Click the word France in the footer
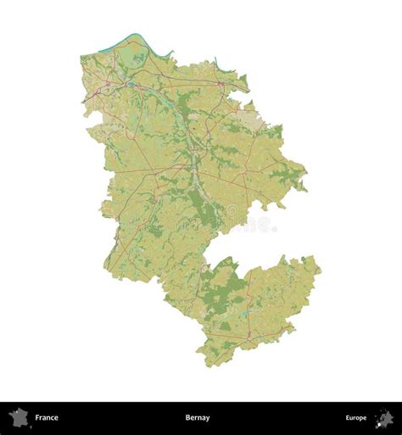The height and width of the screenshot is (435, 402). [x=46, y=418]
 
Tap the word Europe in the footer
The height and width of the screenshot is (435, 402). [x=355, y=418]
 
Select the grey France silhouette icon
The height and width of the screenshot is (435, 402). [x=19, y=417]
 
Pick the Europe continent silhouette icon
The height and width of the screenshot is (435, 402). [x=383, y=417]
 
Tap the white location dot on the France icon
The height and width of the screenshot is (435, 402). [x=17, y=414]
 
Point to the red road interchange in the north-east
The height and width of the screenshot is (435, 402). [x=222, y=85]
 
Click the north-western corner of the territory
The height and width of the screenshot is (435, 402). [x=82, y=58]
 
